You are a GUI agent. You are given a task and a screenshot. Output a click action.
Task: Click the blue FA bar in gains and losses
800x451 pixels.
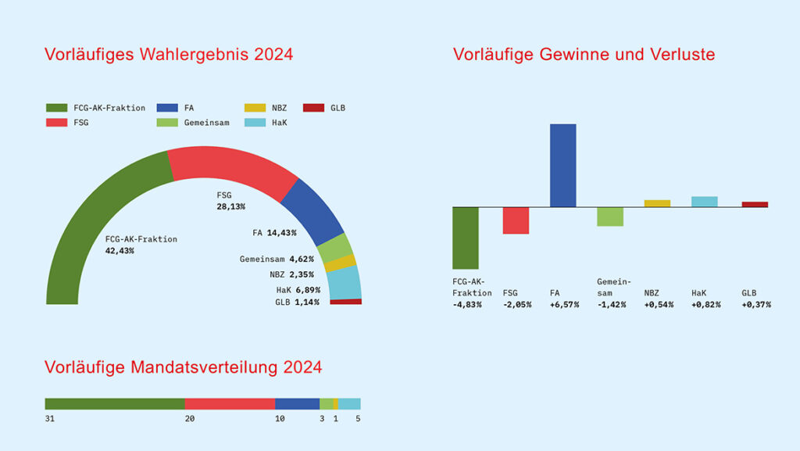tap(562, 165)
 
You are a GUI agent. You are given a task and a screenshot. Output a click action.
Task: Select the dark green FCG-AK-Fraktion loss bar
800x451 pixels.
tap(465, 238)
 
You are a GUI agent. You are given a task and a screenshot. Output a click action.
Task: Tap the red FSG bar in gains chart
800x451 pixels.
tap(516, 220)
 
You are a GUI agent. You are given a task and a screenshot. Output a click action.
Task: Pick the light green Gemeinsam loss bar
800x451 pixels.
tap(610, 217)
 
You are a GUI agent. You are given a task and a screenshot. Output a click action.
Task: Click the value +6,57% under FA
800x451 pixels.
tap(565, 304)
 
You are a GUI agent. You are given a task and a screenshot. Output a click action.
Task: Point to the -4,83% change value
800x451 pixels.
tap(467, 304)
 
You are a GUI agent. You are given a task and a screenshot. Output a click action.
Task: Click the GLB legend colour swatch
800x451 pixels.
tap(312, 108)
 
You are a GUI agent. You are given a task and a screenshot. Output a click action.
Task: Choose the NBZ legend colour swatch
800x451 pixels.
tap(255, 108)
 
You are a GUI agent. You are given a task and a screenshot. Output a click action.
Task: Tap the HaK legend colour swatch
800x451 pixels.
tap(255, 123)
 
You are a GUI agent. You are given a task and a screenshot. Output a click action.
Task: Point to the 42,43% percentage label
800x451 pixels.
tap(120, 251)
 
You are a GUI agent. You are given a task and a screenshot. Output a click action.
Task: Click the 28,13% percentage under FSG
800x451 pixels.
tap(230, 207)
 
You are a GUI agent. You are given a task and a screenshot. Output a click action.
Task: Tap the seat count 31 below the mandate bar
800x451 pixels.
tap(50, 419)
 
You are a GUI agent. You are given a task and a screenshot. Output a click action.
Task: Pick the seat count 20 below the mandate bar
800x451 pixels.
tap(190, 419)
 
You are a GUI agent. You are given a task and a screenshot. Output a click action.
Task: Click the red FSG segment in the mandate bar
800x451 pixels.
tap(230, 404)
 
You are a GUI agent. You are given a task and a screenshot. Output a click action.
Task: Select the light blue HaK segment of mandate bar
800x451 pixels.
tap(349, 404)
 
